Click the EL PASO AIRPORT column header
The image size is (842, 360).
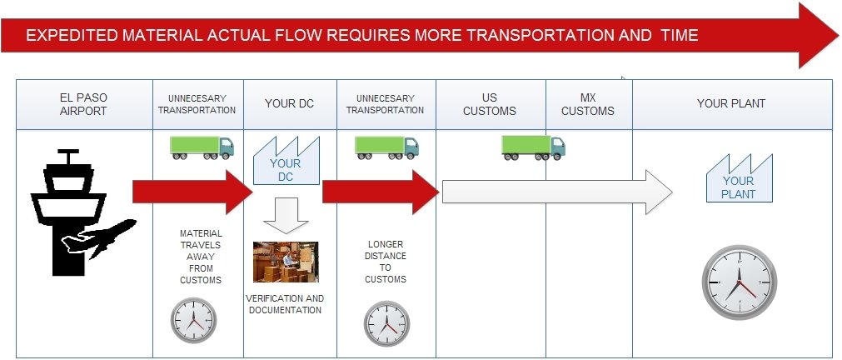click(x=84, y=104)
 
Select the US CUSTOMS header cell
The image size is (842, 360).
click(x=490, y=104)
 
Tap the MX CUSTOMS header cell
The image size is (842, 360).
click(x=588, y=104)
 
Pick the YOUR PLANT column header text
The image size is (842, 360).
click(x=731, y=103)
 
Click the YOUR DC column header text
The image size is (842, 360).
click(x=290, y=103)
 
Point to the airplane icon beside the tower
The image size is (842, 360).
click(x=99, y=237)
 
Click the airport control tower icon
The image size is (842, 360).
click(x=69, y=212)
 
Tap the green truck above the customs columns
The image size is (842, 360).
click(x=533, y=147)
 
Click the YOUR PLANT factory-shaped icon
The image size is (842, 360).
click(x=740, y=178)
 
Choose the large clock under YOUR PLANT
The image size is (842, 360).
click(x=740, y=282)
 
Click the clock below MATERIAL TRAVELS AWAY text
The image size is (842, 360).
click(x=194, y=321)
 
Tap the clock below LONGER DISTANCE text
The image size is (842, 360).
click(x=386, y=323)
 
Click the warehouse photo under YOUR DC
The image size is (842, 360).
click(x=286, y=262)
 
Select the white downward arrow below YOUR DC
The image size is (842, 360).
click(x=286, y=216)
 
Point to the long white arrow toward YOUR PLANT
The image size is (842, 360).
click(x=557, y=192)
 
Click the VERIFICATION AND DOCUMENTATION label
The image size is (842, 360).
click(x=285, y=304)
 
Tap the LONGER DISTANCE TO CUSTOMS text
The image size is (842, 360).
click(x=386, y=262)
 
